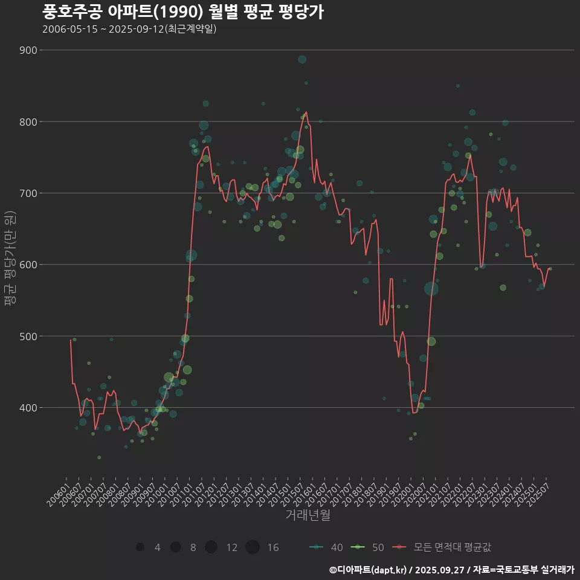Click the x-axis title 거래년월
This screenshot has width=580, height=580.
(x=308, y=515)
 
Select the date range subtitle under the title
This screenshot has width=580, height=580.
(x=129, y=29)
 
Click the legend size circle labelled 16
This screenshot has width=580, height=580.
(x=253, y=547)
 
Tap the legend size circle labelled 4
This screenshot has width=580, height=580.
(x=140, y=547)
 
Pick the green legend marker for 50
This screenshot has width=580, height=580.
(x=358, y=547)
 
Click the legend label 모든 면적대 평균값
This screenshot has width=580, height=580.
(x=452, y=547)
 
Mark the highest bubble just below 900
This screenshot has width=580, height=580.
(x=302, y=59)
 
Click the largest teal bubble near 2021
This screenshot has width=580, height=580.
(x=431, y=289)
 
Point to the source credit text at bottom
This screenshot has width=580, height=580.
(x=451, y=569)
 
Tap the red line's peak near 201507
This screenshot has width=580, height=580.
(x=306, y=112)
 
